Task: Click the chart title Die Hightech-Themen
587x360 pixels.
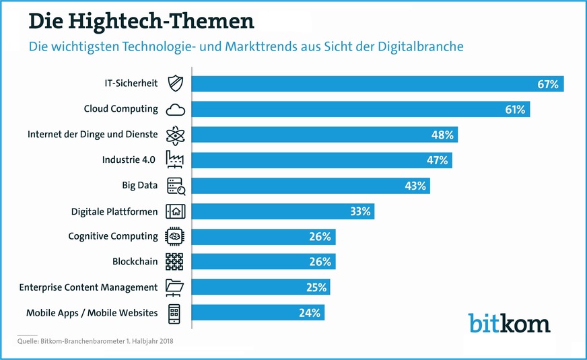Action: point(141,21)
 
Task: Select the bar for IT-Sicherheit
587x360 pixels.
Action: point(377,84)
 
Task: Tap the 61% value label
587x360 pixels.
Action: point(515,109)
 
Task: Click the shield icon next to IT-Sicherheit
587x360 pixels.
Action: point(174,83)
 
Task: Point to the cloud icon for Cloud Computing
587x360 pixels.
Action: point(174,110)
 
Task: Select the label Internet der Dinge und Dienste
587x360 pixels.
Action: point(92,135)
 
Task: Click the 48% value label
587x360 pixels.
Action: point(442,135)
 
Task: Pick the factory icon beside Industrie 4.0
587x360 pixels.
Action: point(174,160)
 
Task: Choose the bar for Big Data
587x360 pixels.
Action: point(310,186)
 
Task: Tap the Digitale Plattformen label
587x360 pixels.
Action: point(114,211)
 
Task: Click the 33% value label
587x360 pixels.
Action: point(359,211)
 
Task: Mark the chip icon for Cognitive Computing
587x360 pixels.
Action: point(174,237)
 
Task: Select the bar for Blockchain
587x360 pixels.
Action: point(263,262)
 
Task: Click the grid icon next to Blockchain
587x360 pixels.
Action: point(174,262)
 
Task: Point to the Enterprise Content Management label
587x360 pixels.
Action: point(88,287)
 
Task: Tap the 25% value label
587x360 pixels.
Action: point(316,287)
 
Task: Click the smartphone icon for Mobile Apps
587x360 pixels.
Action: point(174,313)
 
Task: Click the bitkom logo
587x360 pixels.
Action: point(509,322)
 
